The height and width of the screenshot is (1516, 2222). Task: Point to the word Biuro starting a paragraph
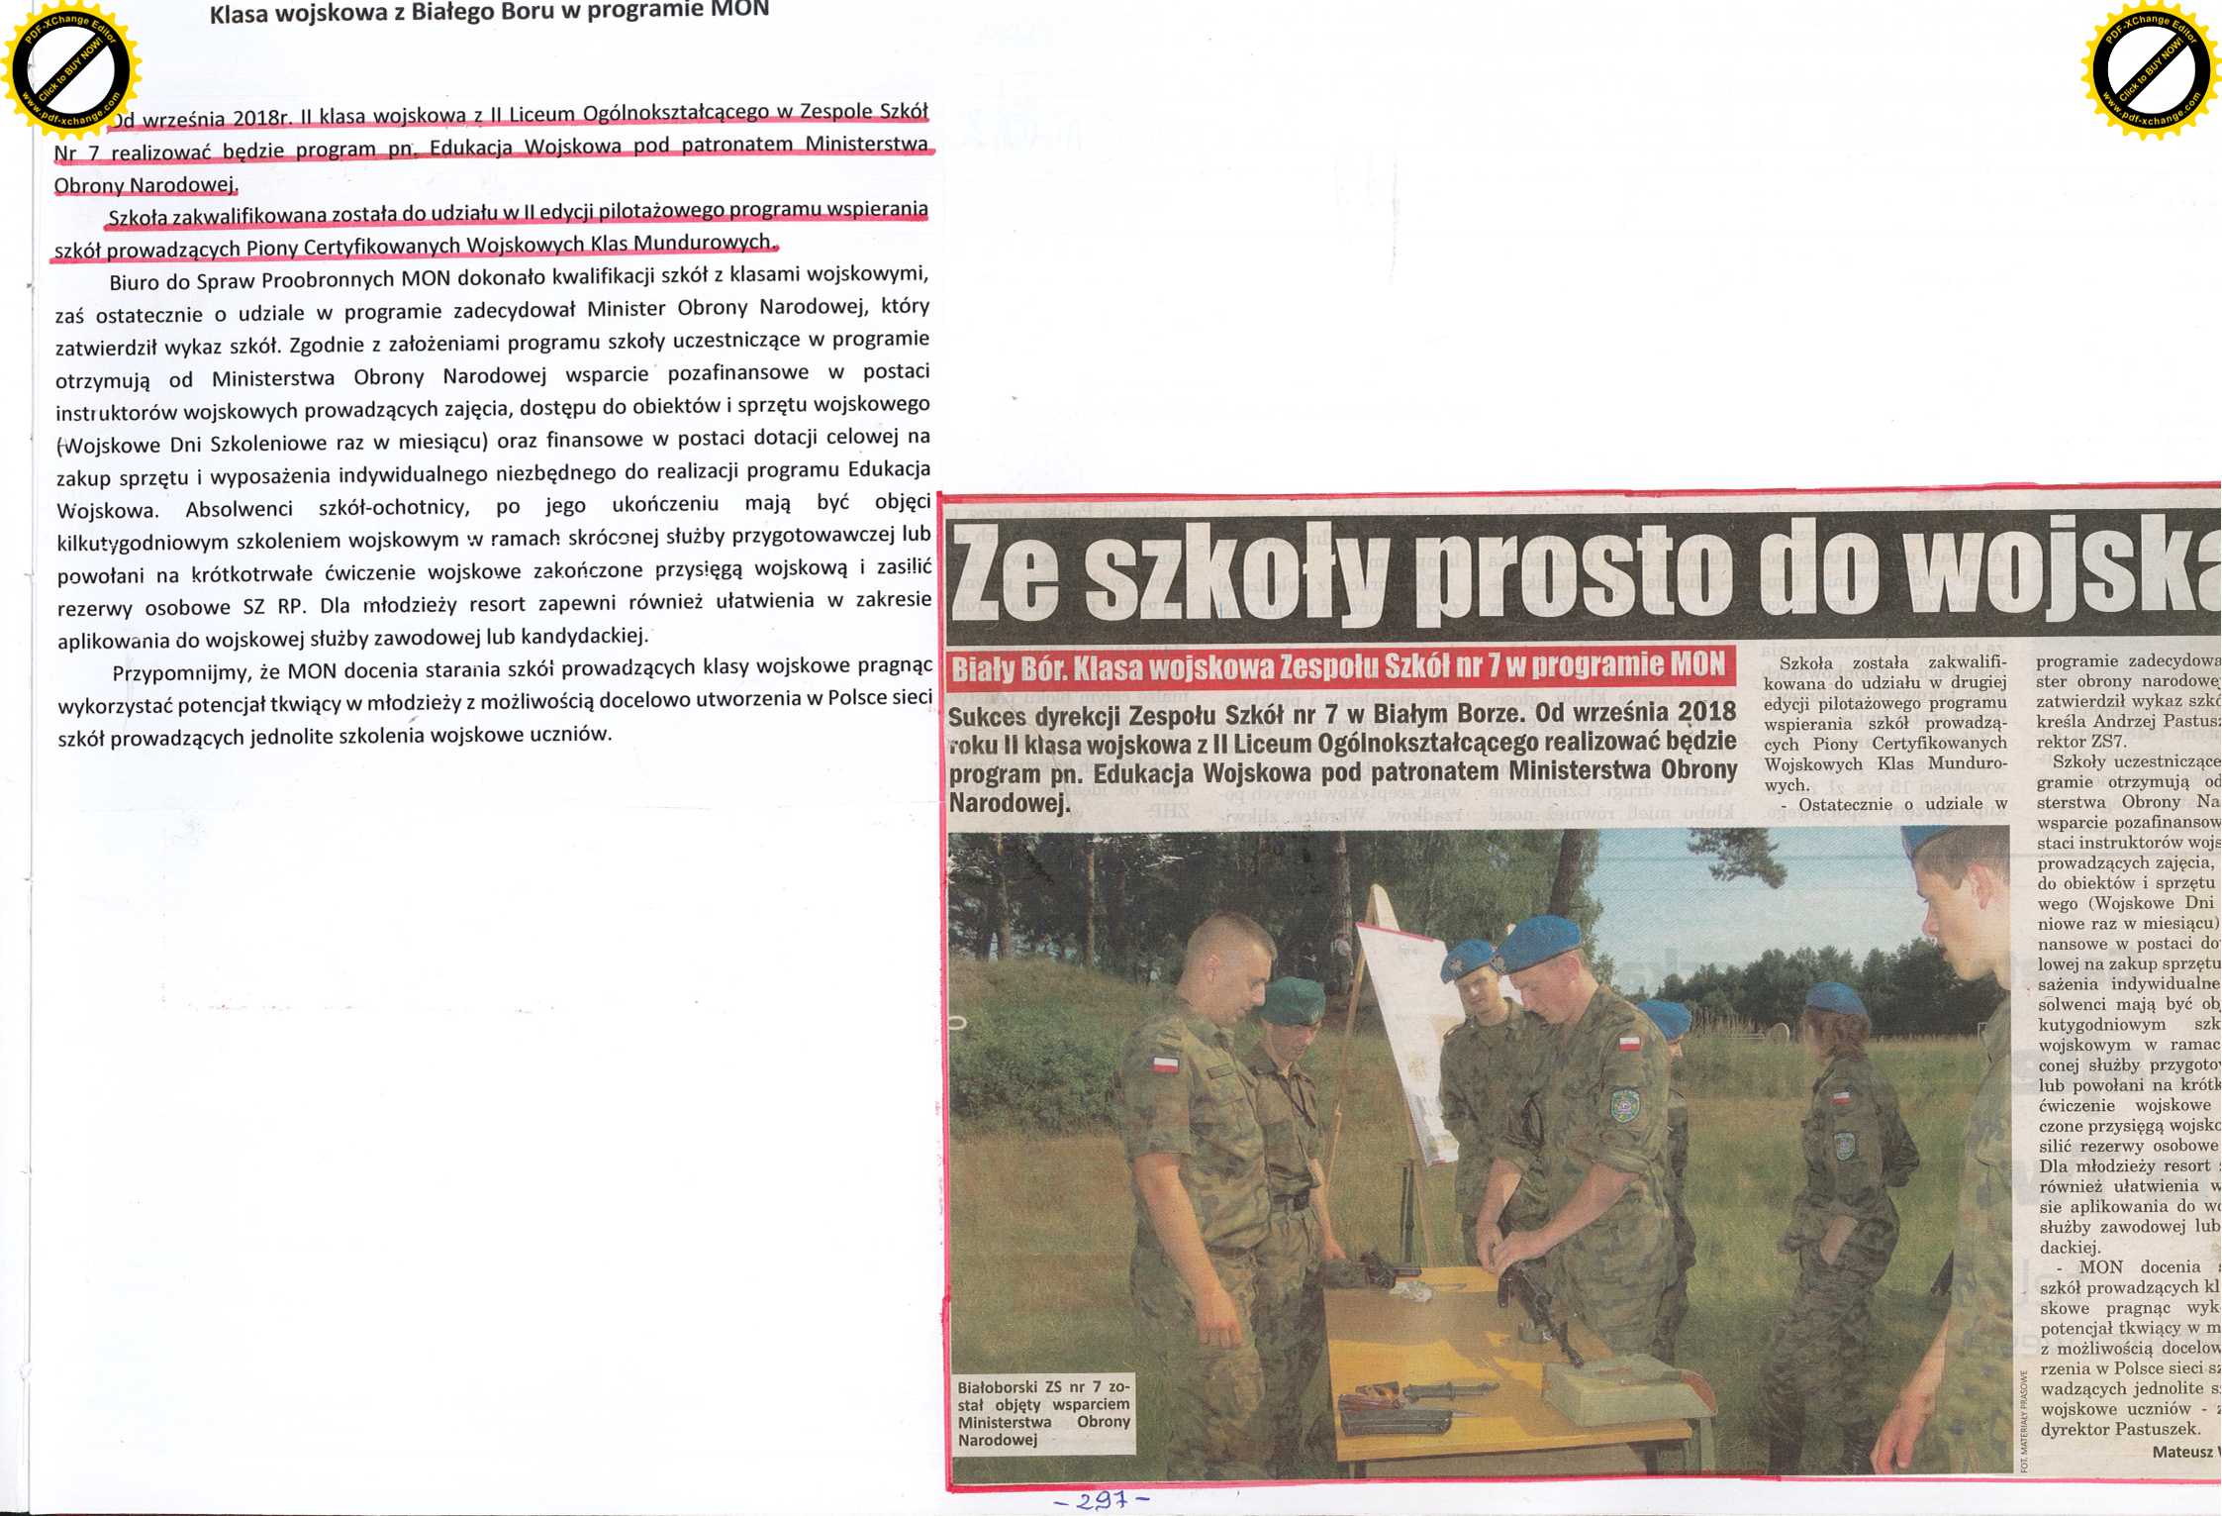click(x=134, y=282)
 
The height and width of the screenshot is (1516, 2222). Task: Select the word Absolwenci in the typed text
click(x=239, y=509)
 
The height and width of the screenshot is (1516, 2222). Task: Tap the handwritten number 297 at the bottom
click(x=1101, y=1500)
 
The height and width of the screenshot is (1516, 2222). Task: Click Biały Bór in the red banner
click(x=1009, y=670)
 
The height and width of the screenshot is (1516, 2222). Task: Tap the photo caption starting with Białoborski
click(x=1043, y=1412)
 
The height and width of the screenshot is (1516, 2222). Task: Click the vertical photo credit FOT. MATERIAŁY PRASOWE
click(x=2024, y=1420)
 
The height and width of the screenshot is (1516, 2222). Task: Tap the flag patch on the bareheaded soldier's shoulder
click(x=1165, y=1064)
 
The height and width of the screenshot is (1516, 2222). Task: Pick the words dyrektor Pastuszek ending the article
click(x=2119, y=1429)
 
